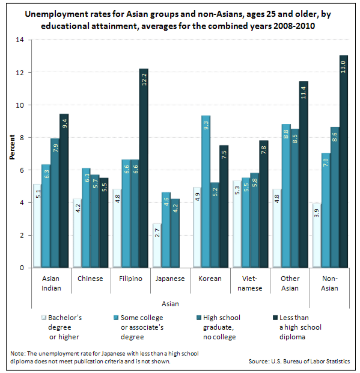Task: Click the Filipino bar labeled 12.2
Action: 144,168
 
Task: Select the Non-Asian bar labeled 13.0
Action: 343,162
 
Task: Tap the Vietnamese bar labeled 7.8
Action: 263,204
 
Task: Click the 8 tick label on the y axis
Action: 22,138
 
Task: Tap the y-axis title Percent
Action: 12,153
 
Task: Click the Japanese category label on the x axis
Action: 169,279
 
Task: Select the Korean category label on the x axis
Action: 210,279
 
